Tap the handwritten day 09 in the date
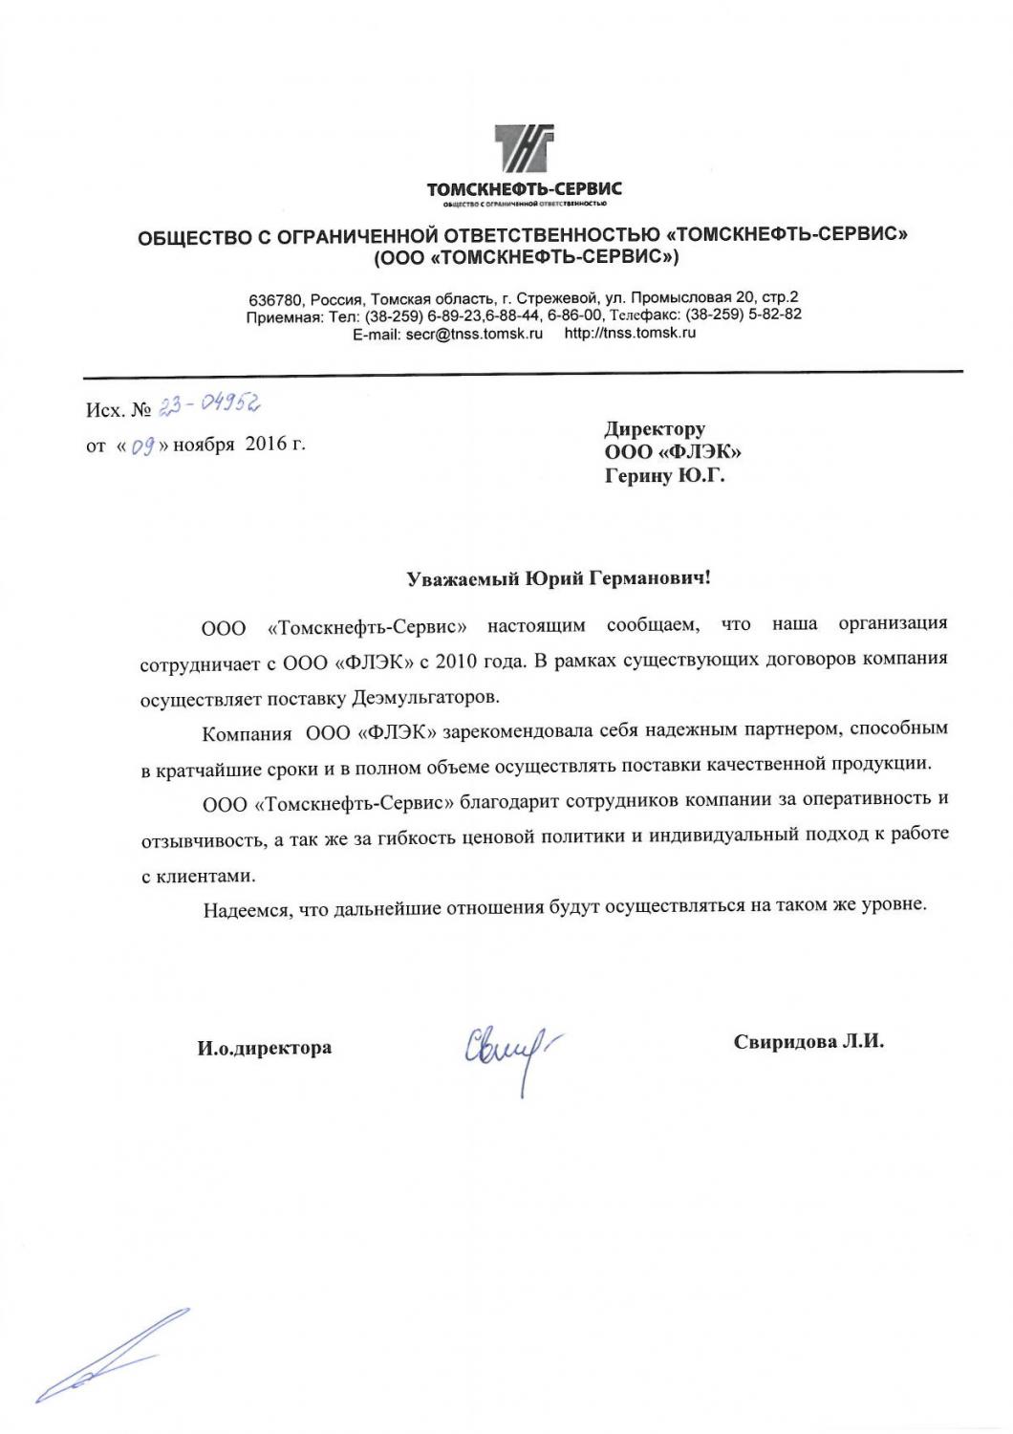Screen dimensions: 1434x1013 (143, 445)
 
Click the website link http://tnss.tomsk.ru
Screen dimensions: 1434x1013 (630, 334)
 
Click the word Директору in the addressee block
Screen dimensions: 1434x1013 (655, 428)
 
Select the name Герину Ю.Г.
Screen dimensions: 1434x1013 (664, 475)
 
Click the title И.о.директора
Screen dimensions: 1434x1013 (265, 1048)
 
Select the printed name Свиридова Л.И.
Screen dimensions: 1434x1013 (808, 1042)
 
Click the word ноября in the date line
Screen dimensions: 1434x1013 (203, 445)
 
